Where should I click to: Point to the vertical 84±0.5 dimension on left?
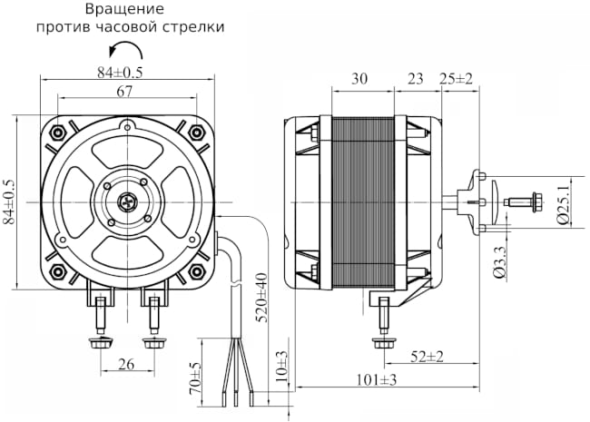(x=10, y=202)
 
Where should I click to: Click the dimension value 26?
(x=127, y=364)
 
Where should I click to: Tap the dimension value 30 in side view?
(x=359, y=79)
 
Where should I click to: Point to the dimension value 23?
(x=416, y=79)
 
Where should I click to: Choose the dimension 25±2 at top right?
(x=457, y=79)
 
